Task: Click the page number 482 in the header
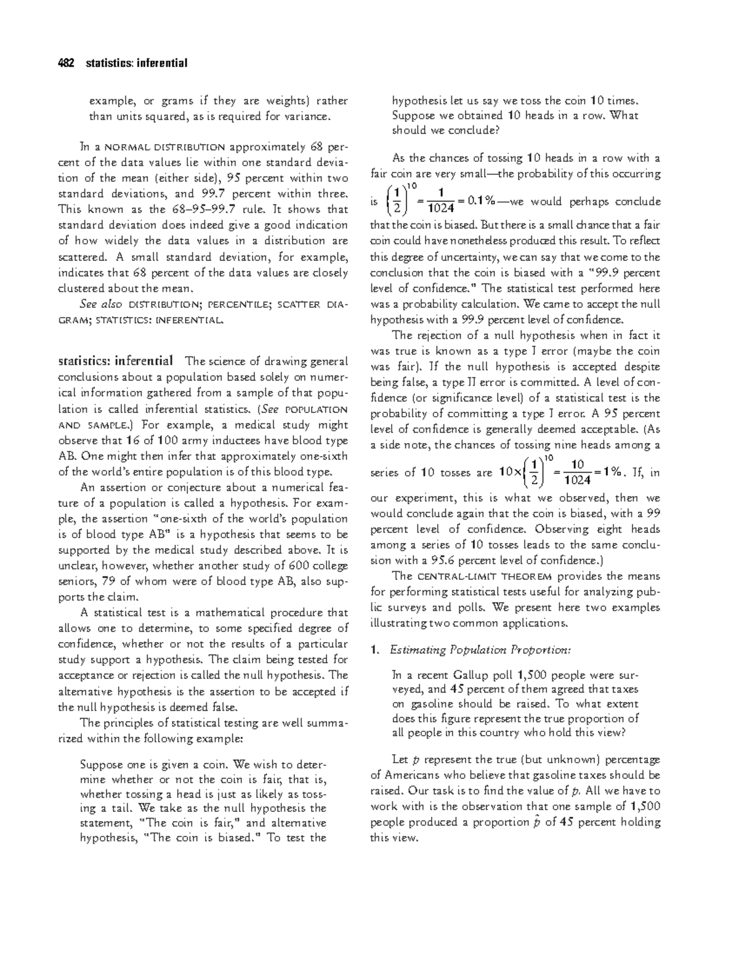click(x=65, y=63)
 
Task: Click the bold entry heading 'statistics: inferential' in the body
click(x=115, y=361)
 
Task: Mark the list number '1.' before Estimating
click(x=375, y=649)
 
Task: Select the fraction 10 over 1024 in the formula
click(x=578, y=473)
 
